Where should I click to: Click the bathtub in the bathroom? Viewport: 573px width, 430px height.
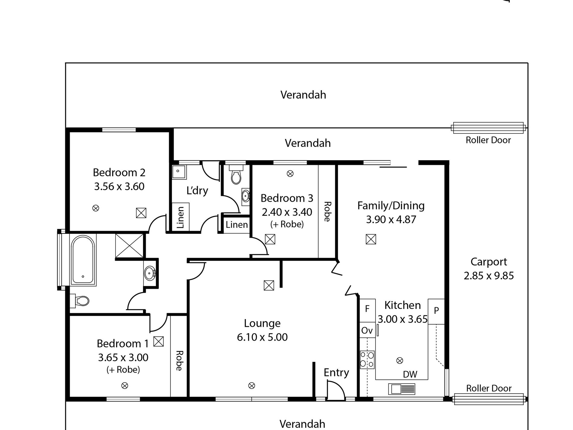coord(83,260)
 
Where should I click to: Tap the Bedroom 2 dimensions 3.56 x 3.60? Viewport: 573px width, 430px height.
coord(119,186)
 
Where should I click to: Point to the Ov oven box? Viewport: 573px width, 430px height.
coord(367,330)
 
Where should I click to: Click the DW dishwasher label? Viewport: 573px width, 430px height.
coord(410,374)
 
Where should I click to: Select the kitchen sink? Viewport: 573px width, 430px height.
coord(401,389)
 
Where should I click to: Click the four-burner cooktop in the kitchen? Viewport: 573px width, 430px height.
coord(367,359)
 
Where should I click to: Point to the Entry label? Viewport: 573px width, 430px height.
coord(336,373)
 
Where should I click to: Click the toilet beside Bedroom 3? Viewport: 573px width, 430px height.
coord(236,175)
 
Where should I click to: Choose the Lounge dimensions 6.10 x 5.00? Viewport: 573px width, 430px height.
coord(262,337)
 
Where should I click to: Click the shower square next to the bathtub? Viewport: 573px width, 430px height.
coord(129,246)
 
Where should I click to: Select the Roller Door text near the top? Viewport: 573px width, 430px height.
coord(488,140)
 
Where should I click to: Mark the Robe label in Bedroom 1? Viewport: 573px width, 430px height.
coord(179,360)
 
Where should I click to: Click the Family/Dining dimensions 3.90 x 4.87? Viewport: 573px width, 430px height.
coord(391,219)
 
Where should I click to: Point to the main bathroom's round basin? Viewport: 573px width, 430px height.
coord(150,274)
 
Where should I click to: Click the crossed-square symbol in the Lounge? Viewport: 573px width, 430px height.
coord(269,285)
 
